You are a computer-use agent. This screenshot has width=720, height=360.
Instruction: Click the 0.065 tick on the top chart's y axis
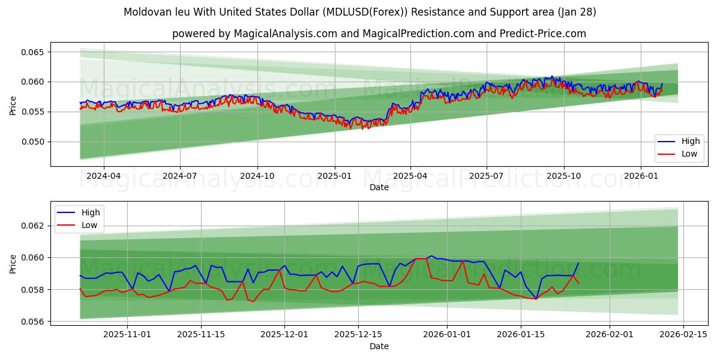coord(34,52)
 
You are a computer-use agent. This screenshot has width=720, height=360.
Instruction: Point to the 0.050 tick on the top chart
coord(34,142)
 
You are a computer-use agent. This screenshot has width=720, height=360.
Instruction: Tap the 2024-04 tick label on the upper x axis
coord(104,176)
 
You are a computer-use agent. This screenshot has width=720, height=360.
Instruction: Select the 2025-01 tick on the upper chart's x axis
coord(334,176)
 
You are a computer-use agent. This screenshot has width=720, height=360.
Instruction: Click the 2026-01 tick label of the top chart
coord(641,176)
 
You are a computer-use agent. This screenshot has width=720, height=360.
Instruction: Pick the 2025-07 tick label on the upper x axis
coord(487,176)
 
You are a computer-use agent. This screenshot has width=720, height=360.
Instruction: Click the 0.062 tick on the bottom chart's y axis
coord(34,226)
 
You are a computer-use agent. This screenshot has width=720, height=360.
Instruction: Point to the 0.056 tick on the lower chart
coord(34,322)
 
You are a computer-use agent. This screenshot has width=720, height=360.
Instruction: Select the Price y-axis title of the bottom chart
coord(13,263)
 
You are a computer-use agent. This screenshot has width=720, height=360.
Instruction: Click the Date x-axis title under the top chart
coord(379,187)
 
